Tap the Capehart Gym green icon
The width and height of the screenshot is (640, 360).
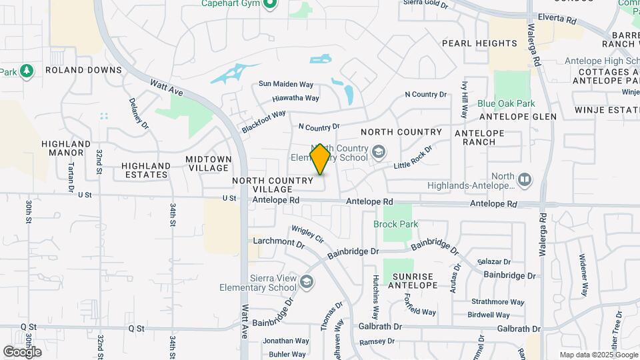270,5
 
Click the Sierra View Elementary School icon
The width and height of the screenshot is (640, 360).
306,281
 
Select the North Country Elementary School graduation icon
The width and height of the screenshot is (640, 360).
379,152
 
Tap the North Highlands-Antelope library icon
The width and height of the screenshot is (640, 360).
525,179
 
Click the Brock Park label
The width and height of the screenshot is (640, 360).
396,224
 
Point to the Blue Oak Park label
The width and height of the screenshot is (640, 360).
506,104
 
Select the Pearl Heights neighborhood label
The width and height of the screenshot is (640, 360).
479,43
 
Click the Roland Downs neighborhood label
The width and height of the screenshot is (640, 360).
83,70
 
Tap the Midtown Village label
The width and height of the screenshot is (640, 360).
209,163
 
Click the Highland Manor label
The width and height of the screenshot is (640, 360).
66,148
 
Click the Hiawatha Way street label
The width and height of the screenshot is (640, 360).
295,98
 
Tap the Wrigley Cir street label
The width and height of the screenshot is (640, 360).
307,234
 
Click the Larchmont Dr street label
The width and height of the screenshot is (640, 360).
279,241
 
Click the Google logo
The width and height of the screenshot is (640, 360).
22,351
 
